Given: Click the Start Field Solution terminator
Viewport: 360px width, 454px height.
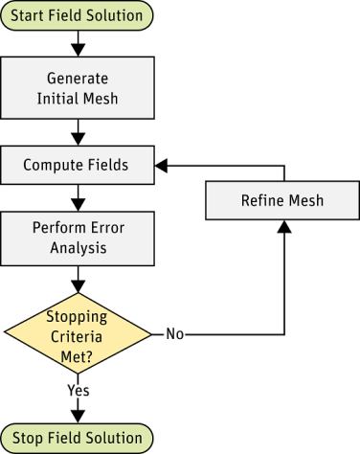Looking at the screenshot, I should pyautogui.click(x=78, y=15).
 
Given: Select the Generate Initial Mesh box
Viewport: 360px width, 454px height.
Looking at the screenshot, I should pyautogui.click(x=78, y=87).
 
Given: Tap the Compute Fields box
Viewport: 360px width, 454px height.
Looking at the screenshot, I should pyautogui.click(x=78, y=166).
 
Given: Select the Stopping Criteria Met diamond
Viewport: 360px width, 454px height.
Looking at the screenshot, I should pyautogui.click(x=78, y=334).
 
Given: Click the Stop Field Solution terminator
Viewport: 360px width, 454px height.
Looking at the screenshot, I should pyautogui.click(x=78, y=438).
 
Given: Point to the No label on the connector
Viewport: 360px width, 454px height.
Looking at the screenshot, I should pyautogui.click(x=174, y=334).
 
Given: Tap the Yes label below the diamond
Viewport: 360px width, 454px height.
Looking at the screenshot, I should pyautogui.click(x=78, y=390).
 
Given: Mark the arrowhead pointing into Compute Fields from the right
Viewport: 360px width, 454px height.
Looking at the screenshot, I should pyautogui.click(x=163, y=166).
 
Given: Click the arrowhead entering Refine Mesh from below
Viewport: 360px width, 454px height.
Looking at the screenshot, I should pyautogui.click(x=284, y=226).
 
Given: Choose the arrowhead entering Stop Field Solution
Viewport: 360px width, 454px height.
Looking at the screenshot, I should pyautogui.click(x=78, y=415).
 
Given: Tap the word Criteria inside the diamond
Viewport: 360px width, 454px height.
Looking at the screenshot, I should pyautogui.click(x=78, y=334).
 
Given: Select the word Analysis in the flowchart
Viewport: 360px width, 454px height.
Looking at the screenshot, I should pyautogui.click(x=78, y=249).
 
